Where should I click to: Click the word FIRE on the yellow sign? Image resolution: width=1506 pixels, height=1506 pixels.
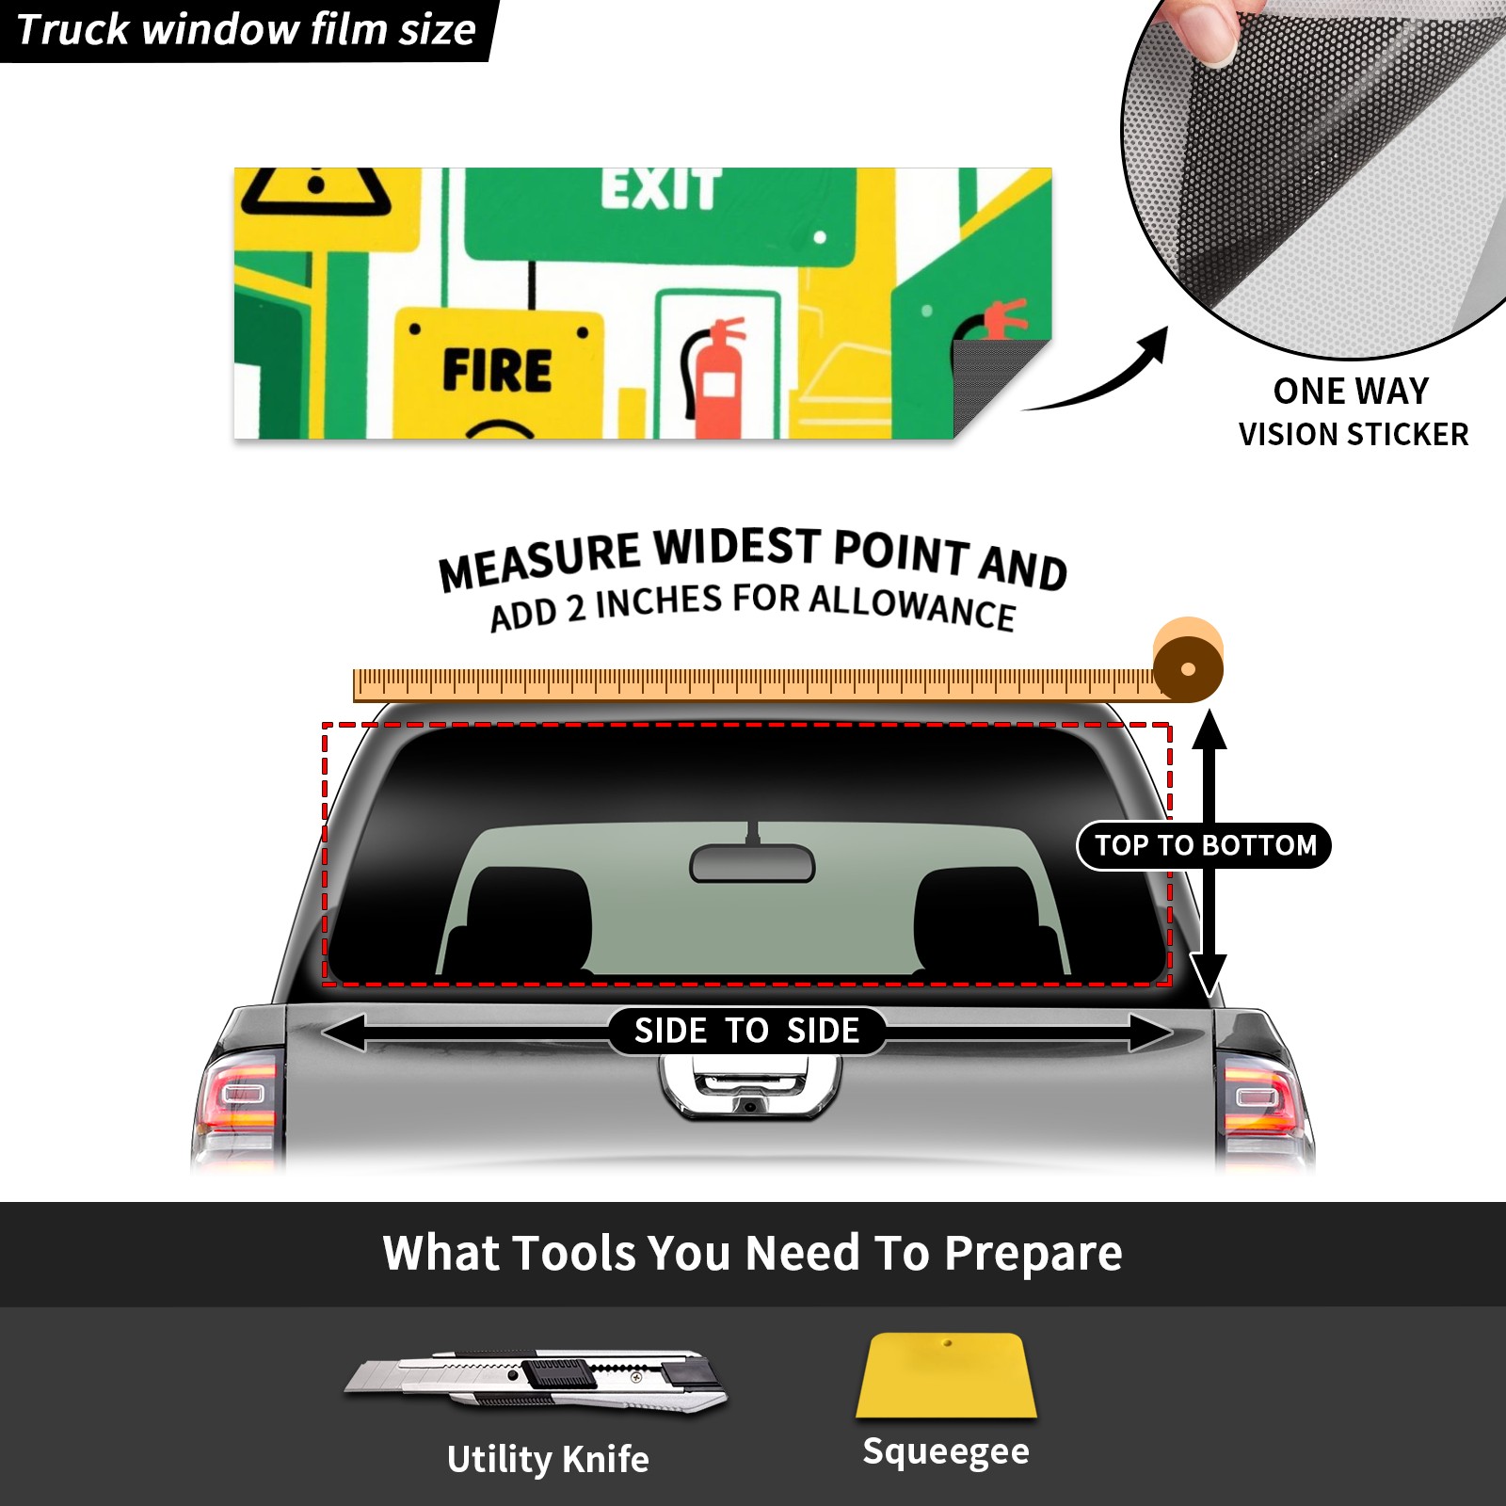pyautogui.click(x=497, y=370)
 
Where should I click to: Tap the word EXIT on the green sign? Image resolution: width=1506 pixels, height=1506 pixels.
pyautogui.click(x=662, y=188)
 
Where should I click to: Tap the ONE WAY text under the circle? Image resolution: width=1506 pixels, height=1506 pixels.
pyautogui.click(x=1351, y=391)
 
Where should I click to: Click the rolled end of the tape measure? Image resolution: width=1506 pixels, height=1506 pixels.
pyautogui.click(x=1188, y=661)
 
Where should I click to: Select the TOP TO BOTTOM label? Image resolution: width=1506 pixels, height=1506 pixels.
pyautogui.click(x=1205, y=845)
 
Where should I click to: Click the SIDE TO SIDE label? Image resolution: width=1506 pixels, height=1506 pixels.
pyautogui.click(x=746, y=1031)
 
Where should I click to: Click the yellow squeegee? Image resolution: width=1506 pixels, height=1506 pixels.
pyautogui.click(x=946, y=1375)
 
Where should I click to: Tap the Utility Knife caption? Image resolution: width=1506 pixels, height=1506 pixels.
pyautogui.click(x=548, y=1460)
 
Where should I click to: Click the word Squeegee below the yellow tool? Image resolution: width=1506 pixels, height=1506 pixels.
pyautogui.click(x=946, y=1451)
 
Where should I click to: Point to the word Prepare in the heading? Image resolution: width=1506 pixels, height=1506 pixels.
pyautogui.click(x=1033, y=1254)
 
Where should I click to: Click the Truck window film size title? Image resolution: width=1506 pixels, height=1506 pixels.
pyautogui.click(x=246, y=30)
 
